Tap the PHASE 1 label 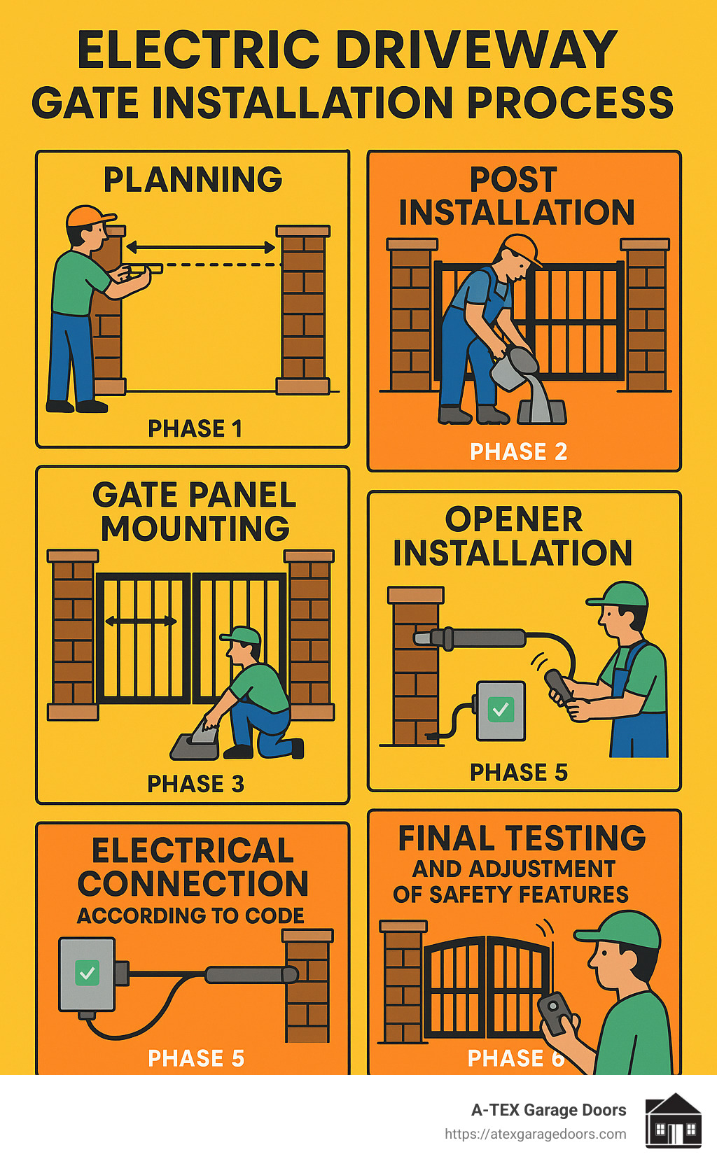point(195,428)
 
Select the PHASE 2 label point(518,451)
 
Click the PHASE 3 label point(195,784)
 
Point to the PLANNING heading point(193,180)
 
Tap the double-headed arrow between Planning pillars point(200,247)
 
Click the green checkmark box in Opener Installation point(501,710)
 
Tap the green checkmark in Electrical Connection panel point(87,973)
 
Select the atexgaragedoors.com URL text point(535,1134)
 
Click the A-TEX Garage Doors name point(548,1110)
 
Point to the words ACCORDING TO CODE point(190,915)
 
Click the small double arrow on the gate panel point(140,621)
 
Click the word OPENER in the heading point(513,520)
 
